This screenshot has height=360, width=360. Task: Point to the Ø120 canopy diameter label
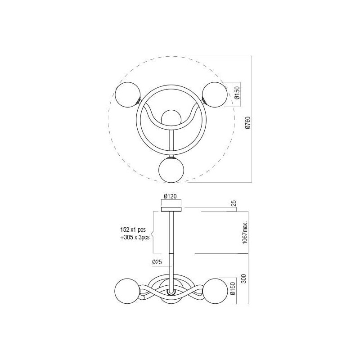point(171,196)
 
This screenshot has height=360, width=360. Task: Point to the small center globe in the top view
point(171,118)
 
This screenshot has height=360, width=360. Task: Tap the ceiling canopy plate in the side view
point(171,208)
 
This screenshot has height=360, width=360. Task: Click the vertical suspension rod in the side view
point(171,243)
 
